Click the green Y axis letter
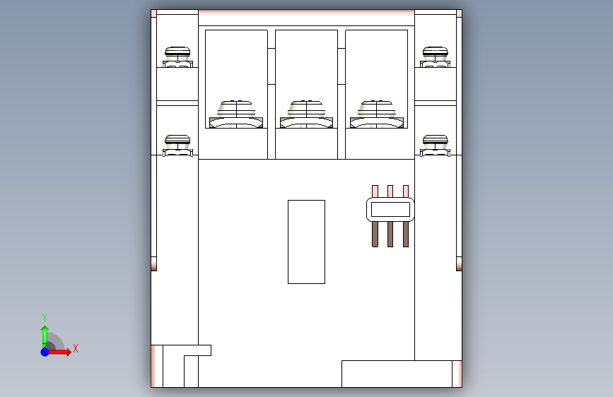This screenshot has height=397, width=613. (45, 317)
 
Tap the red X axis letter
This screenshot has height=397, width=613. (76, 348)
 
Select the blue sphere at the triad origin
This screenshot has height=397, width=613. (45, 352)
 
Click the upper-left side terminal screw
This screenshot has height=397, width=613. (177, 57)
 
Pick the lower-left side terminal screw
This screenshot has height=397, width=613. (177, 146)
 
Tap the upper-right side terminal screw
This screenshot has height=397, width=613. (435, 57)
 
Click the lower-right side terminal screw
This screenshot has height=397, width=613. (435, 146)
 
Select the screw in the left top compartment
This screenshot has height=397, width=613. (236, 114)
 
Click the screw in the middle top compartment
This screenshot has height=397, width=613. (307, 114)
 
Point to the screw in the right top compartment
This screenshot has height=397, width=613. (376, 114)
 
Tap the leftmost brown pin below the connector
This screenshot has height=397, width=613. (375, 234)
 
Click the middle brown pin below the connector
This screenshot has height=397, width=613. (390, 234)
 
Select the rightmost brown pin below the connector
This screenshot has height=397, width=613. (405, 234)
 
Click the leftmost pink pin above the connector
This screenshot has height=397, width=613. (375, 191)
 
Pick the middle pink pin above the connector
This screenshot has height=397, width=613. (390, 191)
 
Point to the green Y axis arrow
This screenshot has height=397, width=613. (45, 336)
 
